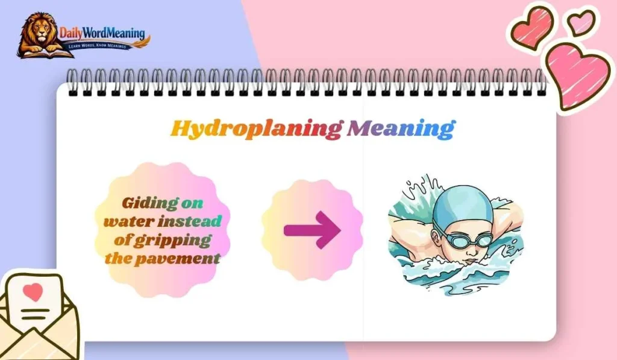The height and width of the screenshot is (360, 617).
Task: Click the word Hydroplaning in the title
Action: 256,128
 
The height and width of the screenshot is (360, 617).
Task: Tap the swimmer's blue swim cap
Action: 465,204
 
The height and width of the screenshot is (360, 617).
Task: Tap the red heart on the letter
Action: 33,292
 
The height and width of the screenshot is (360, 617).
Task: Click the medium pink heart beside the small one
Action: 533,27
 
